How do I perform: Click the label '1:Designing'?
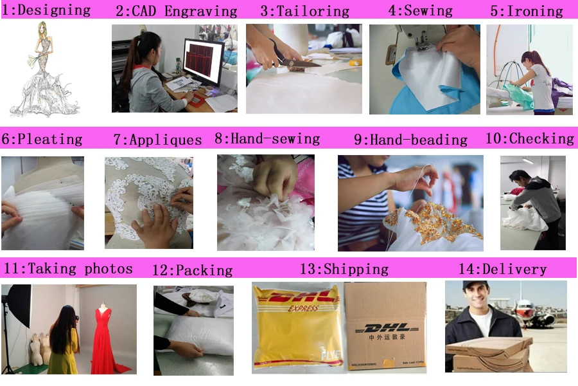46,10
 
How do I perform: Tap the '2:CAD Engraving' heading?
176,11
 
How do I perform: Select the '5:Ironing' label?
527,11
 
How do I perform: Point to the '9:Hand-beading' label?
410,140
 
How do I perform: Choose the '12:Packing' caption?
193,270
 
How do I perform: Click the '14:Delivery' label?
502,269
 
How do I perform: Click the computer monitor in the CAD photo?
203,62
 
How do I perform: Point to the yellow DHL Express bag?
298,327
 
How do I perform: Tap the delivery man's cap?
475,285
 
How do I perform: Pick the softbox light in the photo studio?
19,304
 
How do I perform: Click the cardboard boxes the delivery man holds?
489,354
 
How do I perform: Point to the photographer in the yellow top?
64,340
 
